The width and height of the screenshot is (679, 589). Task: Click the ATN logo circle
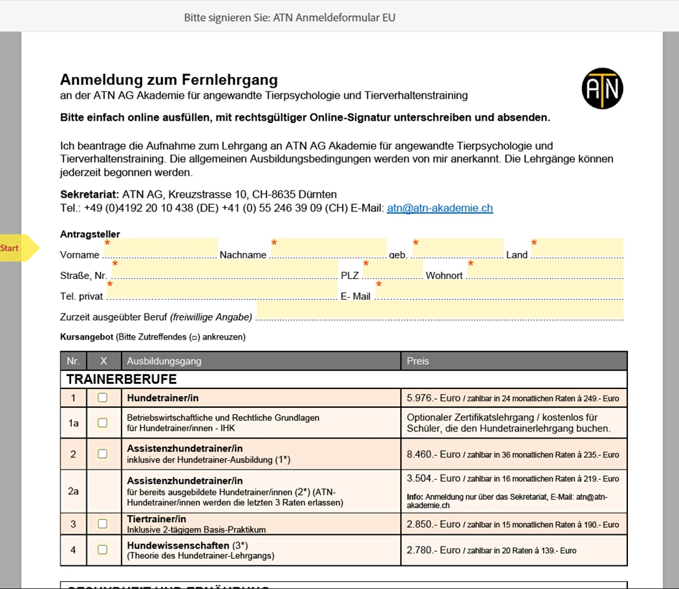pyautogui.click(x=602, y=88)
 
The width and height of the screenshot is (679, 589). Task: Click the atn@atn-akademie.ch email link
pyautogui.click(x=440, y=209)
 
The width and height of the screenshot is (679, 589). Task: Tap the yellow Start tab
pyautogui.click(x=16, y=248)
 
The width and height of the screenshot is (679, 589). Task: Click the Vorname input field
pyautogui.click(x=162, y=249)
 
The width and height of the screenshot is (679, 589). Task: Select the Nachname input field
pyautogui.click(x=328, y=249)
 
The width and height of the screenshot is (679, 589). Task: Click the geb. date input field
pyautogui.click(x=458, y=249)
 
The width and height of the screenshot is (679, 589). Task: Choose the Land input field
pyautogui.click(x=577, y=249)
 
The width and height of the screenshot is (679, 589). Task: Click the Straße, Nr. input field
pyautogui.click(x=224, y=270)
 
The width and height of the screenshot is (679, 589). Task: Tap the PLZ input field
pyautogui.click(x=392, y=270)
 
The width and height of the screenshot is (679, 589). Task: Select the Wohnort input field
pyautogui.click(x=545, y=270)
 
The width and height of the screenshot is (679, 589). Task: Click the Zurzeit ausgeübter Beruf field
pyautogui.click(x=440, y=311)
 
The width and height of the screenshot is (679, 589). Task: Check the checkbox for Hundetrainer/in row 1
pyautogui.click(x=102, y=398)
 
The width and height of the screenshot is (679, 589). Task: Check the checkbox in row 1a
pyautogui.click(x=102, y=423)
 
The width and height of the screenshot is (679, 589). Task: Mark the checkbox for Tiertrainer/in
pyautogui.click(x=102, y=524)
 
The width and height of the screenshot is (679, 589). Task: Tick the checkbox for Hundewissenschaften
pyautogui.click(x=102, y=550)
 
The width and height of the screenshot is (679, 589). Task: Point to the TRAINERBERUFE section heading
pyautogui.click(x=121, y=379)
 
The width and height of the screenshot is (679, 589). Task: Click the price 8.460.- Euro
pyautogui.click(x=433, y=455)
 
